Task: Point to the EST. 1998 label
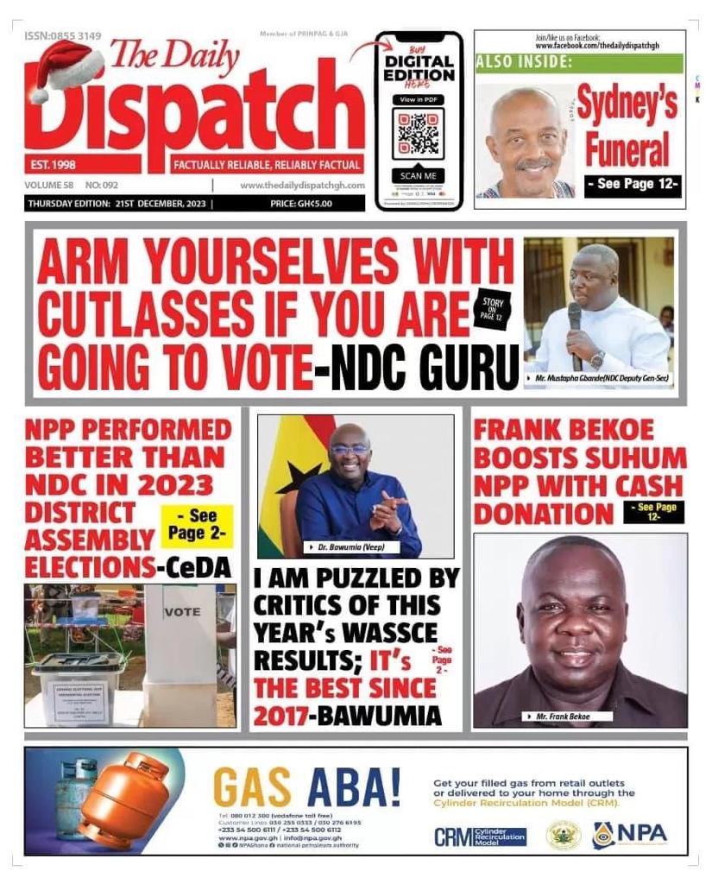(x=52, y=164)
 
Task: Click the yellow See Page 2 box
(x=197, y=527)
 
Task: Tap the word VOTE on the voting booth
(x=182, y=611)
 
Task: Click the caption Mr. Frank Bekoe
(x=570, y=717)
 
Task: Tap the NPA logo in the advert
(x=629, y=835)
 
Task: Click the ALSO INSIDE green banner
(x=578, y=63)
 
